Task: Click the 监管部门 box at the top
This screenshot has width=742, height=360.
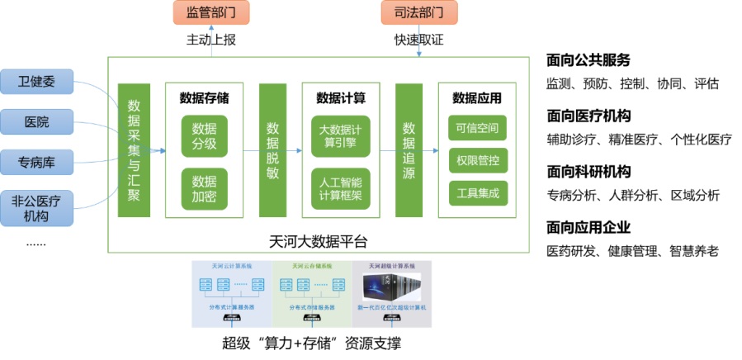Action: [210, 12]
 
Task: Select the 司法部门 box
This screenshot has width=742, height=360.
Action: [419, 12]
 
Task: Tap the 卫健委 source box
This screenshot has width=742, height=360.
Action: [36, 83]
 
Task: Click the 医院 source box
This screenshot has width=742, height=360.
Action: [36, 122]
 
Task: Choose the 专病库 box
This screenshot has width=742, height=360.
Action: [36, 161]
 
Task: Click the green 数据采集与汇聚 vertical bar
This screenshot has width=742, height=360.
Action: [134, 149]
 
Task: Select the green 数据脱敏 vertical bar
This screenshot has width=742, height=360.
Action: [272, 149]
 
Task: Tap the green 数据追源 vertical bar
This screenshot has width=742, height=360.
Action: [409, 149]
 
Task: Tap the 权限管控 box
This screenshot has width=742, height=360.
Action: [477, 160]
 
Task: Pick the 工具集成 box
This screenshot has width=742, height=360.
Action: [477, 193]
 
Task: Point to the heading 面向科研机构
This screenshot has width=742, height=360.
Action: [588, 172]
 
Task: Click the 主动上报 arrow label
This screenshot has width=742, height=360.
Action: [210, 40]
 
